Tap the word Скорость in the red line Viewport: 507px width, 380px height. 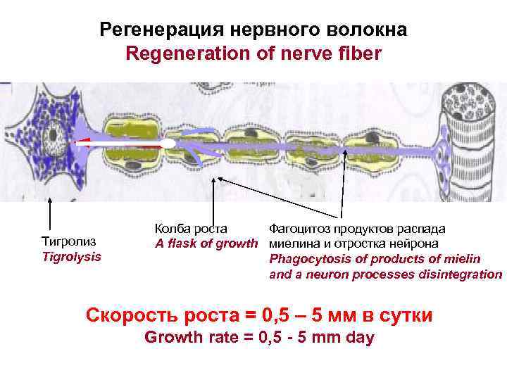coord(126,315)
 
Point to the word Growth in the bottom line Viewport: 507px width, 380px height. coord(168,338)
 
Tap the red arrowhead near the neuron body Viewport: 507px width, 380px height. coord(77,144)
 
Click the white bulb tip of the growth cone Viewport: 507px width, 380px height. coord(168,144)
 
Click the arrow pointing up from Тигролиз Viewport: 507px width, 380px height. coord(50,211)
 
